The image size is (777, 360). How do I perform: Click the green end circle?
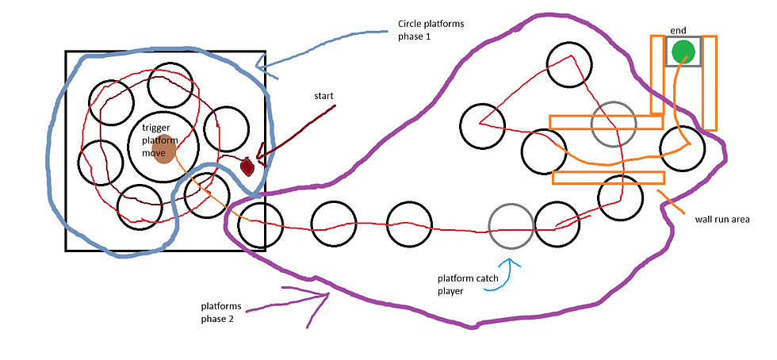(683, 51)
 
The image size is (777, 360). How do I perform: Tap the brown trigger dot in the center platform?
(165, 149)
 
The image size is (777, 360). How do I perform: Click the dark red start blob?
(247, 167)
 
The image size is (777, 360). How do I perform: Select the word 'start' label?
(323, 96)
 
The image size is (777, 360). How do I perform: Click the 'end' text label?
(679, 31)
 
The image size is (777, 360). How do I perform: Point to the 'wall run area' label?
(722, 219)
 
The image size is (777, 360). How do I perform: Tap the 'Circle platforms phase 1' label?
(431, 30)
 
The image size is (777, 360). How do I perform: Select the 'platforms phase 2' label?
(222, 312)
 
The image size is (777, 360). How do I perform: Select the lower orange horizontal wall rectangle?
(609, 178)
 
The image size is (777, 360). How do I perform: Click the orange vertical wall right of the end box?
(710, 82)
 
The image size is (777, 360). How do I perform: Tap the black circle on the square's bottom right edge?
(261, 224)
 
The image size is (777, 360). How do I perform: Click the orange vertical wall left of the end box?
(657, 75)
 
